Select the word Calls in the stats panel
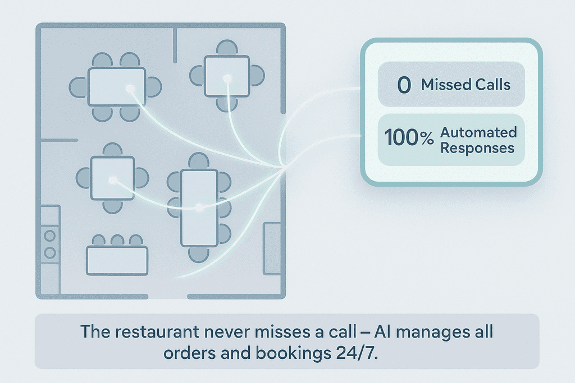pos(492,85)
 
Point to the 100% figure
pos(409,138)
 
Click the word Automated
pos(478,133)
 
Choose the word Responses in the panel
pos(477,148)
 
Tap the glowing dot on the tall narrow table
pos(199,207)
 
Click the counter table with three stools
pos(117,260)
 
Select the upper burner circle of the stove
pos(50,236)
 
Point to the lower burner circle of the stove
pos(50,253)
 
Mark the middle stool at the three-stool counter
pos(117,241)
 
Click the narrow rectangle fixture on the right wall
pos(272,248)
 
